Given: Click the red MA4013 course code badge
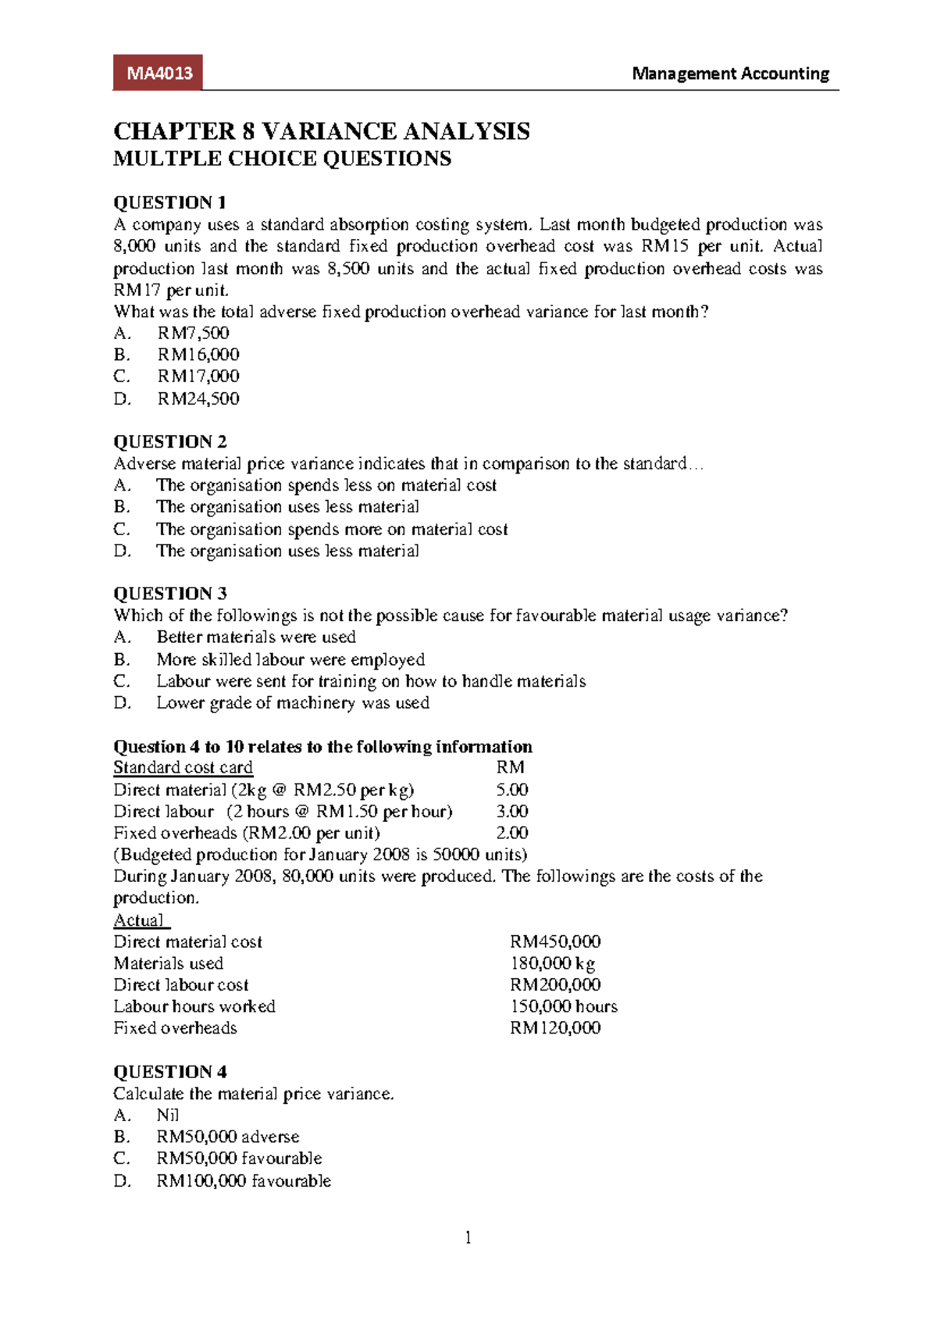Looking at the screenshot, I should [x=159, y=73].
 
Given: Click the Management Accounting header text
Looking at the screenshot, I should [x=730, y=73].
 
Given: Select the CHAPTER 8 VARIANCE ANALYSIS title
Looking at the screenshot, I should [x=322, y=130].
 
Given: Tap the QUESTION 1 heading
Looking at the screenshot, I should [x=170, y=202].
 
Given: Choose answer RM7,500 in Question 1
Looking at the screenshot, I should [x=193, y=333].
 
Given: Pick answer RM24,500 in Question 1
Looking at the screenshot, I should [x=198, y=398].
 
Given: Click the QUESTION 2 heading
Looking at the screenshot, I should [x=170, y=441].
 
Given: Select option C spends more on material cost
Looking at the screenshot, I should [x=331, y=529].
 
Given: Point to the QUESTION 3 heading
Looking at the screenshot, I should [x=170, y=593].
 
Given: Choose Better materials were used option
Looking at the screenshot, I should [x=256, y=637].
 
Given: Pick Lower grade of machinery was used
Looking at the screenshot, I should [x=293, y=702].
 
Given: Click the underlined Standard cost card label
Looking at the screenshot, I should [x=183, y=767].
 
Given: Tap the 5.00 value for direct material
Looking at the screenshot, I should [x=512, y=789].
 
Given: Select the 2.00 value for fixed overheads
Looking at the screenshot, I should [x=512, y=833].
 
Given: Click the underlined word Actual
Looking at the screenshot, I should [x=139, y=920].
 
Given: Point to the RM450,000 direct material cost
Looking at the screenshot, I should [x=555, y=941].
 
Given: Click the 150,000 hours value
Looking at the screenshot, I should [x=564, y=1006].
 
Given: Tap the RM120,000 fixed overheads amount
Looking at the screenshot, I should [x=555, y=1028].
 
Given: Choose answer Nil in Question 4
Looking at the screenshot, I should [x=168, y=1115].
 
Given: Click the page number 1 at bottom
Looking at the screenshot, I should [x=468, y=1237].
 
